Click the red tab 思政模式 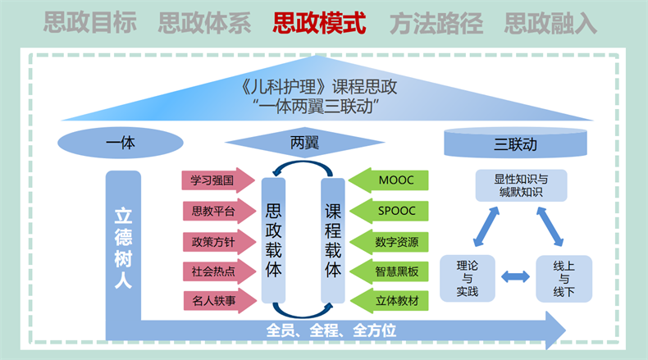tap(320, 22)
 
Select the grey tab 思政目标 tap(89, 22)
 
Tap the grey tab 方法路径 tap(435, 22)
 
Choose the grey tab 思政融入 tap(550, 22)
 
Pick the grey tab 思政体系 tap(205, 22)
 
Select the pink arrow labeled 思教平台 tap(214, 212)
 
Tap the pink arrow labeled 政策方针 tap(214, 242)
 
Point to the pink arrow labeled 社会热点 tap(214, 271)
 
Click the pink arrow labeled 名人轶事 tap(214, 302)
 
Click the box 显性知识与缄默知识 tap(521, 185)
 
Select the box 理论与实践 tap(470, 278)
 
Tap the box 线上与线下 tap(564, 278)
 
